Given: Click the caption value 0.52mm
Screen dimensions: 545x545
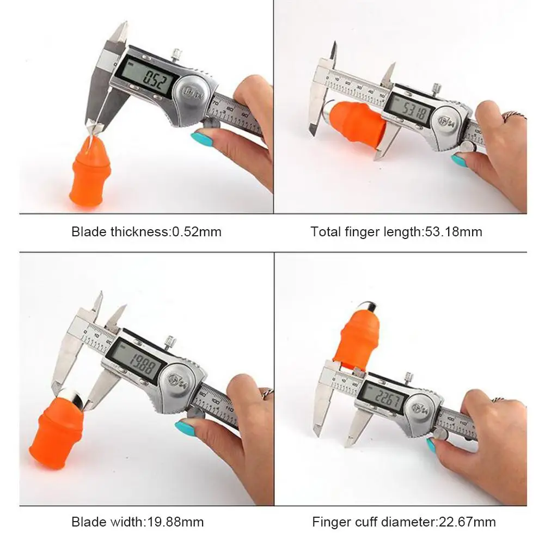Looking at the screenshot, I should point(197,231).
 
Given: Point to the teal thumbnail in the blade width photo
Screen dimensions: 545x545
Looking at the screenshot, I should point(186,427).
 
